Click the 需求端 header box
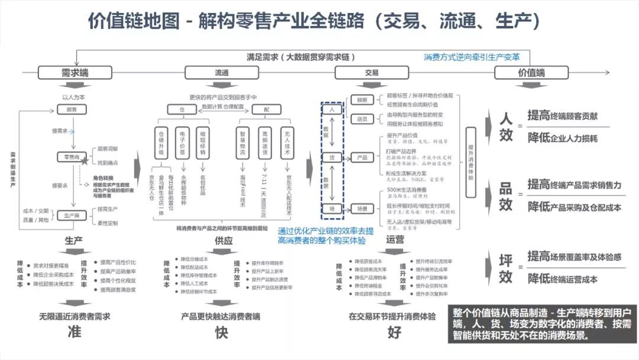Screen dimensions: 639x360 75,72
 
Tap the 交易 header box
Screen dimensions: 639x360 372,72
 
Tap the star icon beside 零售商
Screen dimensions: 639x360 86,160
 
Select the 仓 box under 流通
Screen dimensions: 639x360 182,110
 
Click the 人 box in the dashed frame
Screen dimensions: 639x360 333,110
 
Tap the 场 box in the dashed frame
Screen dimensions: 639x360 333,208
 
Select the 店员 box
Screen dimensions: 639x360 363,119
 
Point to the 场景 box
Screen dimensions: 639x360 363,208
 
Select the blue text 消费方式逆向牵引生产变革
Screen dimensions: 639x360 472,57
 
